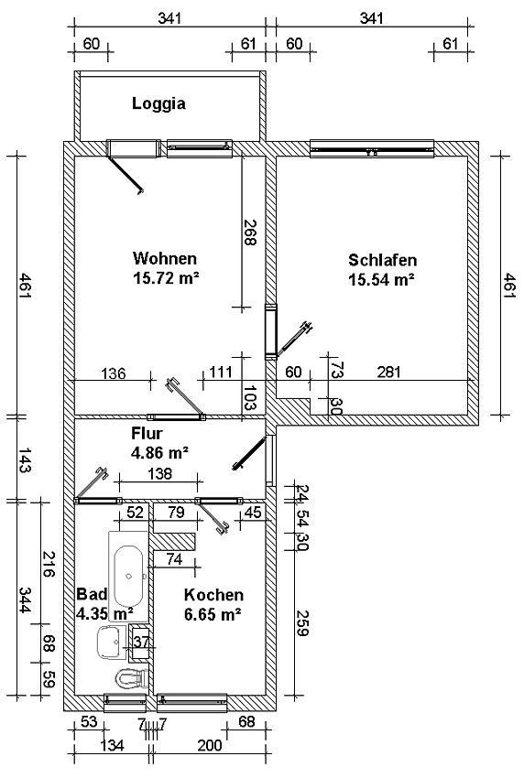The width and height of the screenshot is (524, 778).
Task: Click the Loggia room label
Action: (158, 103)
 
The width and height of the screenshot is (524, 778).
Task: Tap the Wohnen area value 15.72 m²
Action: (166, 278)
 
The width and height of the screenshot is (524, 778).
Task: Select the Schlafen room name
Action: (382, 260)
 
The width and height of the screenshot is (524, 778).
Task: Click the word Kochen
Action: (213, 595)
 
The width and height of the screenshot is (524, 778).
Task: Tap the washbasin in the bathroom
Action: (112, 643)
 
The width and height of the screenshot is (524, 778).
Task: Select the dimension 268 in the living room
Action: (250, 232)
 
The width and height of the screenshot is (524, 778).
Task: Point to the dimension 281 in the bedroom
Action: (389, 372)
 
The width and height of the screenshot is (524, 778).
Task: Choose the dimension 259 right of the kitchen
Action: (302, 622)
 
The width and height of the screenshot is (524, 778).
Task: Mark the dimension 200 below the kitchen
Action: (210, 745)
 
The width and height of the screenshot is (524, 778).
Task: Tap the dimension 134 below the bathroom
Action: (112, 745)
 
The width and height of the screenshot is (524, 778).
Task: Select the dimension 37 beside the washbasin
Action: (142, 642)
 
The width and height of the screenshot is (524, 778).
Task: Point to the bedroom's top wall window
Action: (372, 148)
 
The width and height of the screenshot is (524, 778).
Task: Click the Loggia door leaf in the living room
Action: (126, 174)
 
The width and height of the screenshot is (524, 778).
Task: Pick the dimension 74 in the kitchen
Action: (174, 559)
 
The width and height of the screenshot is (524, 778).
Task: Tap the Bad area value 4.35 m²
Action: (104, 614)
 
